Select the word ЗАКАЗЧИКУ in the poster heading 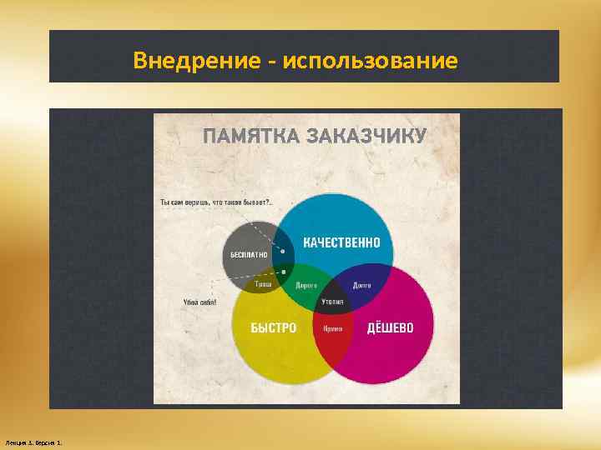pos(367,136)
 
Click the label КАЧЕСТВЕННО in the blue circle pos(341,242)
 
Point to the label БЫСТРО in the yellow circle pos(273,328)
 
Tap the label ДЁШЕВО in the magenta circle pos(390,328)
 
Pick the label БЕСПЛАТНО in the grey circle pos(249,254)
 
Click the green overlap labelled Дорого pos(306,285)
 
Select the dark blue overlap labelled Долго pos(361,285)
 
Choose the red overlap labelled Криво pos(332,328)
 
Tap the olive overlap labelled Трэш pos(264,283)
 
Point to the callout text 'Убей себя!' pos(199,302)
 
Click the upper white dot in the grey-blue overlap pos(284,251)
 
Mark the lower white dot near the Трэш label pos(284,271)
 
